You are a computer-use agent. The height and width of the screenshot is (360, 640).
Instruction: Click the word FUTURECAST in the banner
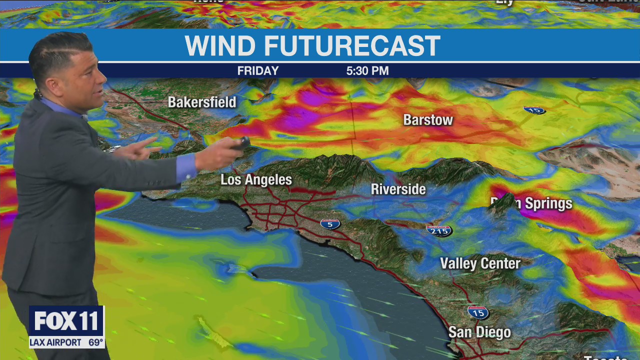pyautogui.click(x=352, y=46)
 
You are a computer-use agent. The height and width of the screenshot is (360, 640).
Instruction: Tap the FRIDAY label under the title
pyautogui.click(x=258, y=71)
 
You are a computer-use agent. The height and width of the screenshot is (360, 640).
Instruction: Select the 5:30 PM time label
pyautogui.click(x=367, y=71)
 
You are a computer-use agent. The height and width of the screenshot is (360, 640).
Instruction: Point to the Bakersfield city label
pyautogui.click(x=202, y=102)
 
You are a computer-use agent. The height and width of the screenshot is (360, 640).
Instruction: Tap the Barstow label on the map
pyautogui.click(x=428, y=120)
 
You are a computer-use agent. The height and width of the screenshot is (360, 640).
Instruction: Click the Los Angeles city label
pyautogui.click(x=256, y=180)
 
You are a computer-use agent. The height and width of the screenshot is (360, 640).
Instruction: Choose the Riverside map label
pyautogui.click(x=398, y=189)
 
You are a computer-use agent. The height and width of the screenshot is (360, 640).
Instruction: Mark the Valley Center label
pyautogui.click(x=480, y=263)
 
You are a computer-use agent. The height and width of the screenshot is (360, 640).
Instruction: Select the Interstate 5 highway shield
pyautogui.click(x=330, y=224)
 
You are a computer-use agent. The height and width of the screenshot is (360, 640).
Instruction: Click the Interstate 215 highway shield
pyautogui.click(x=439, y=230)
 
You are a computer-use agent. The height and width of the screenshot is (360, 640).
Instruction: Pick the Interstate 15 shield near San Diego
pyautogui.click(x=478, y=312)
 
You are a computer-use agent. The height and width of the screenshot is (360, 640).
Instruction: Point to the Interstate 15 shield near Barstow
pyautogui.click(x=534, y=109)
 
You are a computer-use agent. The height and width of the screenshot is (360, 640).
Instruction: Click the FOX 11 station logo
pyautogui.click(x=66, y=321)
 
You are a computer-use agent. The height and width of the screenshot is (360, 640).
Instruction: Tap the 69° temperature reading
pyautogui.click(x=95, y=342)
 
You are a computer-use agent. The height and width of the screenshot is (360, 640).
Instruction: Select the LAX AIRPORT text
pyautogui.click(x=55, y=342)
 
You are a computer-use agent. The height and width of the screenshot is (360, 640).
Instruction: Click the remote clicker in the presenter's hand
pyautogui.click(x=243, y=143)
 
